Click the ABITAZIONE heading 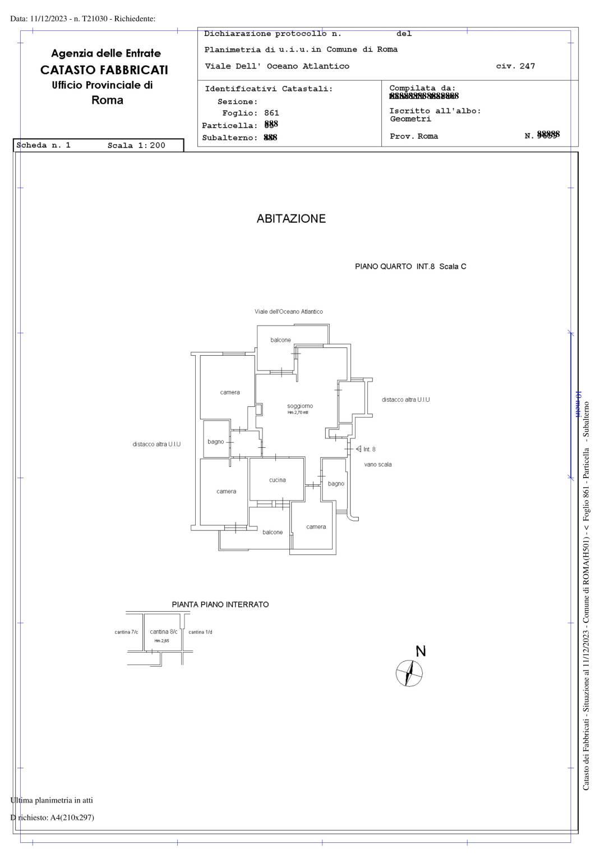tap(291, 219)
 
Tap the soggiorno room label tap(300, 406)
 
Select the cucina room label tap(277, 480)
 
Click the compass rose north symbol tap(409, 673)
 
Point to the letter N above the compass tap(421, 651)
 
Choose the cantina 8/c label tap(163, 632)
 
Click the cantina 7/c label tap(126, 632)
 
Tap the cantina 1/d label tap(200, 632)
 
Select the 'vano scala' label tap(378, 465)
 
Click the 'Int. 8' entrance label tap(369, 449)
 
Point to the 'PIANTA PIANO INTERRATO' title tap(220, 604)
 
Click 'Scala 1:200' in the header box tap(136, 145)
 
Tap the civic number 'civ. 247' tap(515, 66)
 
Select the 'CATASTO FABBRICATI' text tap(104, 70)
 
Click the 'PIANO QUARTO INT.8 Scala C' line tap(410, 267)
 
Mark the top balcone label tap(280, 340)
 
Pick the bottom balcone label tap(273, 532)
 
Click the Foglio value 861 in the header tap(271, 113)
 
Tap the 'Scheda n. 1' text tap(44, 145)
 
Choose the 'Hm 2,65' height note tap(162, 641)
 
